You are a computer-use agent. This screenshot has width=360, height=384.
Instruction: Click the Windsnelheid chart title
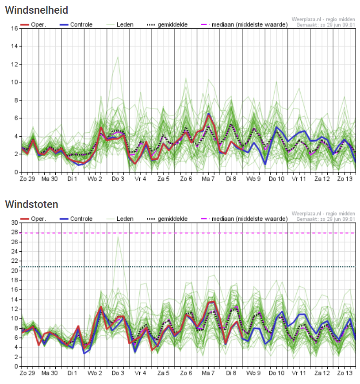point(37,9)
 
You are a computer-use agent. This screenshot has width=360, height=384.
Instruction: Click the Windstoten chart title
point(31,204)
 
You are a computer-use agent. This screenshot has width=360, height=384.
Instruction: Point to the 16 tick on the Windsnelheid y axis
point(14,28)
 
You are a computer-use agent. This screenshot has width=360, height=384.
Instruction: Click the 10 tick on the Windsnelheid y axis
point(14,82)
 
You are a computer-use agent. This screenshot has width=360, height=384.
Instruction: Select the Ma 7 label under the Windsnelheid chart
point(208,179)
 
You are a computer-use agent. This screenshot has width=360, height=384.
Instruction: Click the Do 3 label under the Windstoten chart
point(117,373)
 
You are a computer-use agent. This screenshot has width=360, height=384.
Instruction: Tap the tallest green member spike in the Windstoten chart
point(118,237)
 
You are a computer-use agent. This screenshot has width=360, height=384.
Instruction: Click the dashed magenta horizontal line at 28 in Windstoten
point(177,233)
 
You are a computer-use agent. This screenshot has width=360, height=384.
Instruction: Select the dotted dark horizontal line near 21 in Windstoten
point(177,266)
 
